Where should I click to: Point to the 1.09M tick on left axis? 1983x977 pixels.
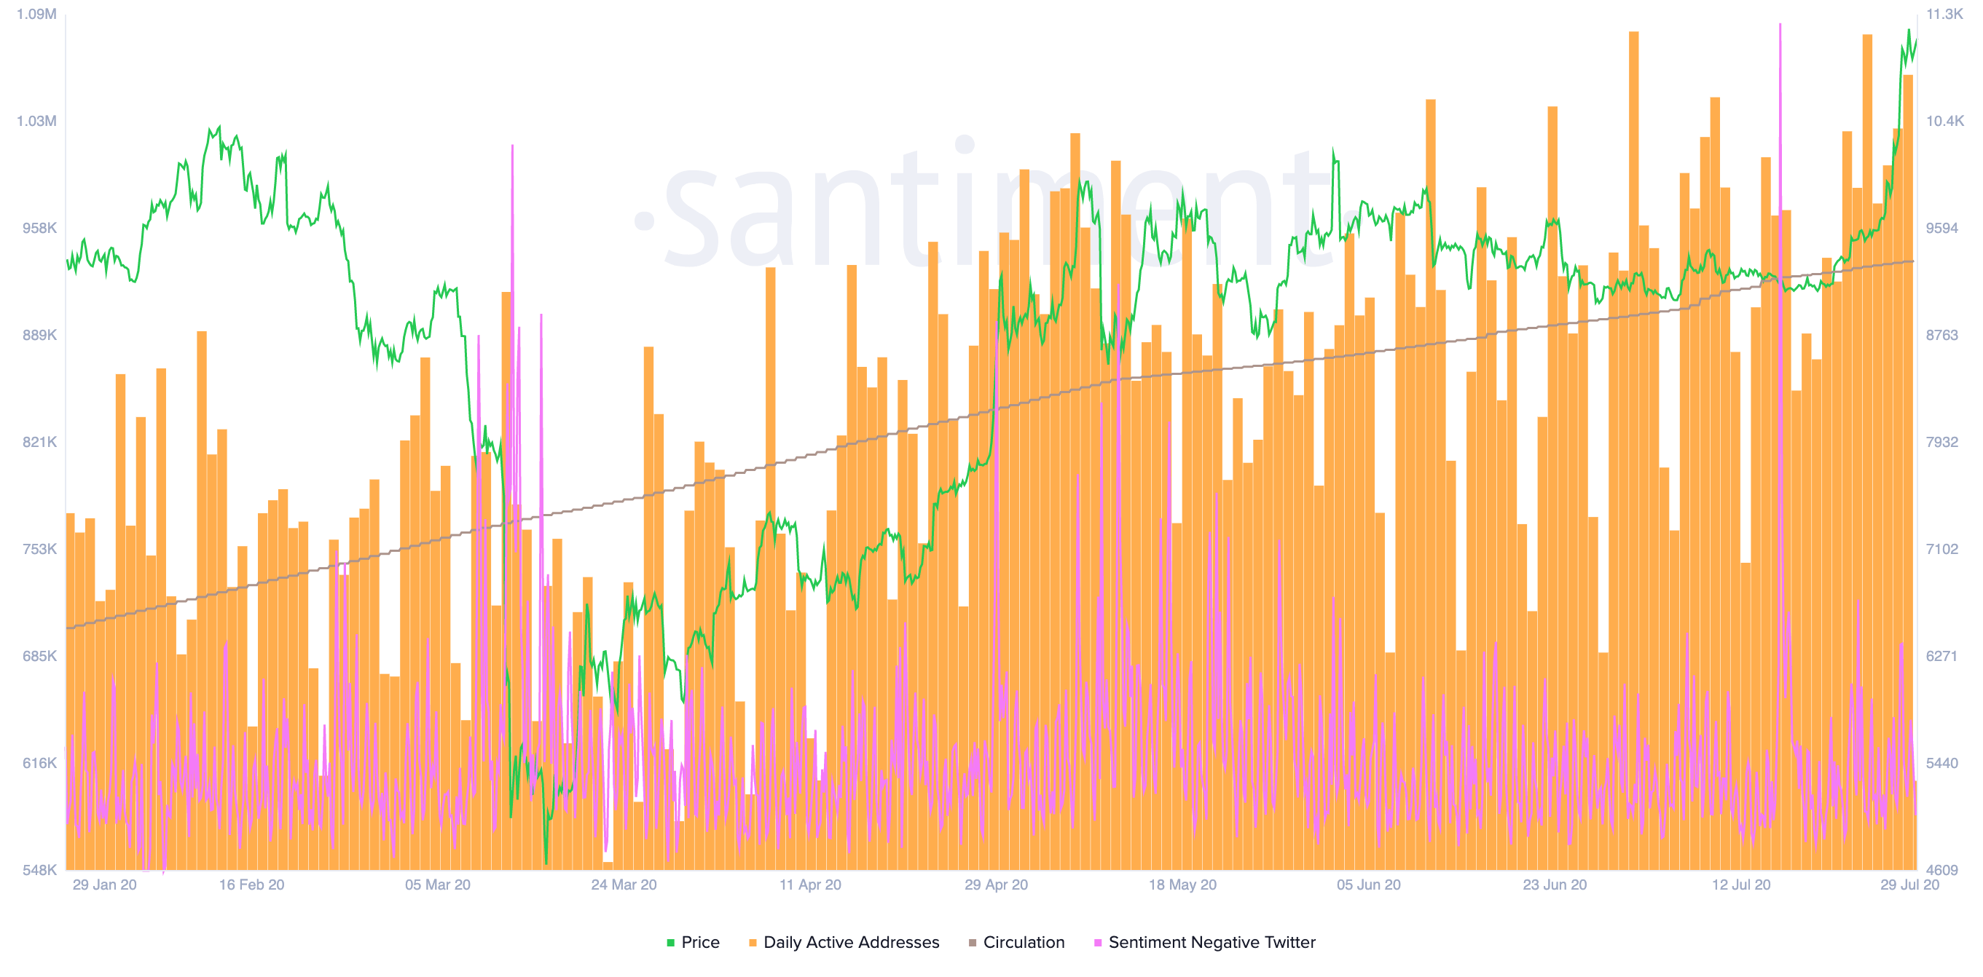tap(36, 14)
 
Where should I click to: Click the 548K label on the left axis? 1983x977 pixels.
tap(39, 870)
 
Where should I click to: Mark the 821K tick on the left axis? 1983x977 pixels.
tap(39, 442)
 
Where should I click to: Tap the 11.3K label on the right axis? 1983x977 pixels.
tap(1944, 14)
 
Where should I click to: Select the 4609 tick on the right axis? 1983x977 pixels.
tap(1941, 870)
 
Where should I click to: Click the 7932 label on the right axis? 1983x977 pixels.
tap(1941, 442)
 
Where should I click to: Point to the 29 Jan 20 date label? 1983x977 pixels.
tap(105, 885)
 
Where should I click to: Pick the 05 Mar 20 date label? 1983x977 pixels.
tap(437, 885)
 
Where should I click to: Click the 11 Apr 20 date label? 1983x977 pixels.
tap(810, 885)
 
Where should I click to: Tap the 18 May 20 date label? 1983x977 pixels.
tap(1182, 885)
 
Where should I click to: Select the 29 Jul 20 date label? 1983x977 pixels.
tap(1909, 885)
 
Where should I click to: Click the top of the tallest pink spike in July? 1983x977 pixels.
tap(1780, 25)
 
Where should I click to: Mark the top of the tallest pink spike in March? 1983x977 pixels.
tap(512, 146)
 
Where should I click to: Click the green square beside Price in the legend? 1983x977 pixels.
tap(670, 942)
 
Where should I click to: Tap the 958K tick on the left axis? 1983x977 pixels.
tap(39, 228)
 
